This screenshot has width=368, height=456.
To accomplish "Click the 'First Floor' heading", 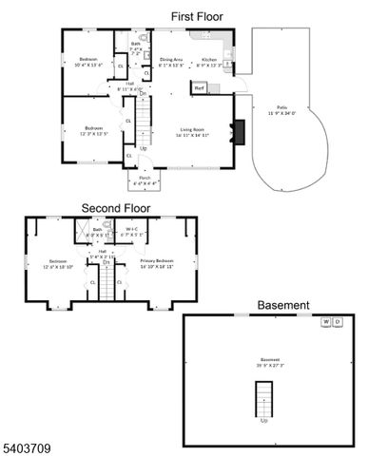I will [x=198, y=16].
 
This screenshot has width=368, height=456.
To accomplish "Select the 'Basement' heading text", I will [x=283, y=305].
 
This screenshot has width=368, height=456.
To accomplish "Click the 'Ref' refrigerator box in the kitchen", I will [x=200, y=89].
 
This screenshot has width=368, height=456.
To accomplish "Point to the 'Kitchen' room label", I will [x=209, y=60].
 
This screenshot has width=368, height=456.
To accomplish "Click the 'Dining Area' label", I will [x=171, y=60].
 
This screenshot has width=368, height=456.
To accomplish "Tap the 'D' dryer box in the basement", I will [x=338, y=321].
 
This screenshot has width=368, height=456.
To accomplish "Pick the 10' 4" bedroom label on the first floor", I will [x=88, y=61].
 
